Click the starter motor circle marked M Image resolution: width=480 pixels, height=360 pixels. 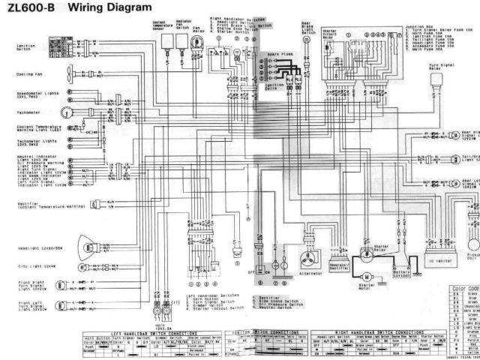click(x=367, y=259)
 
